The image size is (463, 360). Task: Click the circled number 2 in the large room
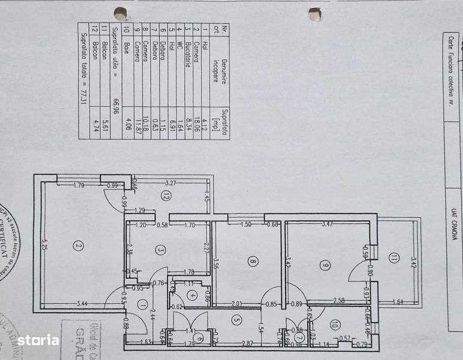click(x=78, y=245)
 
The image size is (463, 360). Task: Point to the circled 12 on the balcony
click(x=165, y=195)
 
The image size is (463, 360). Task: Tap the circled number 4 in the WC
click(x=191, y=295)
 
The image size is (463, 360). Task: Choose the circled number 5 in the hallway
click(x=237, y=320)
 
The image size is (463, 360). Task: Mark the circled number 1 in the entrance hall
click(x=142, y=304)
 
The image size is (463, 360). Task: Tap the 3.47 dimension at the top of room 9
click(x=327, y=225)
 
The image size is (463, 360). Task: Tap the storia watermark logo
click(x=37, y=341)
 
